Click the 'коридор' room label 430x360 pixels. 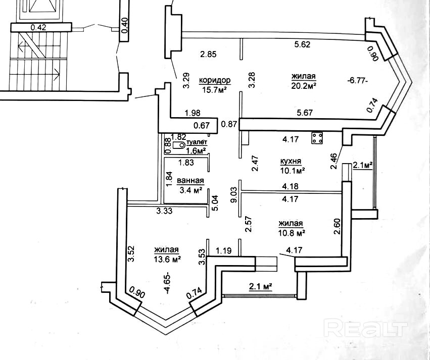click(215, 80)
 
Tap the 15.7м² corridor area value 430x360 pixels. click(215, 90)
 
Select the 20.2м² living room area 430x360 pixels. click(304, 85)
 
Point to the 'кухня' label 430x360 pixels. click(291, 161)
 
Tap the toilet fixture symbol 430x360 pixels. click(178, 145)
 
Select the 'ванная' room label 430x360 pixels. click(190, 181)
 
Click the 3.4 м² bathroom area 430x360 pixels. click(192, 190)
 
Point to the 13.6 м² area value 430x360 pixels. click(168, 259)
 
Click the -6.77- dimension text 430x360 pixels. click(357, 80)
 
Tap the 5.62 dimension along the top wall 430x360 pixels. click(302, 44)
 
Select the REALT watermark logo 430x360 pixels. click(366, 329)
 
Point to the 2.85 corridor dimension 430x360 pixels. click(208, 54)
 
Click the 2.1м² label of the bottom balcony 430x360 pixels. click(260, 287)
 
